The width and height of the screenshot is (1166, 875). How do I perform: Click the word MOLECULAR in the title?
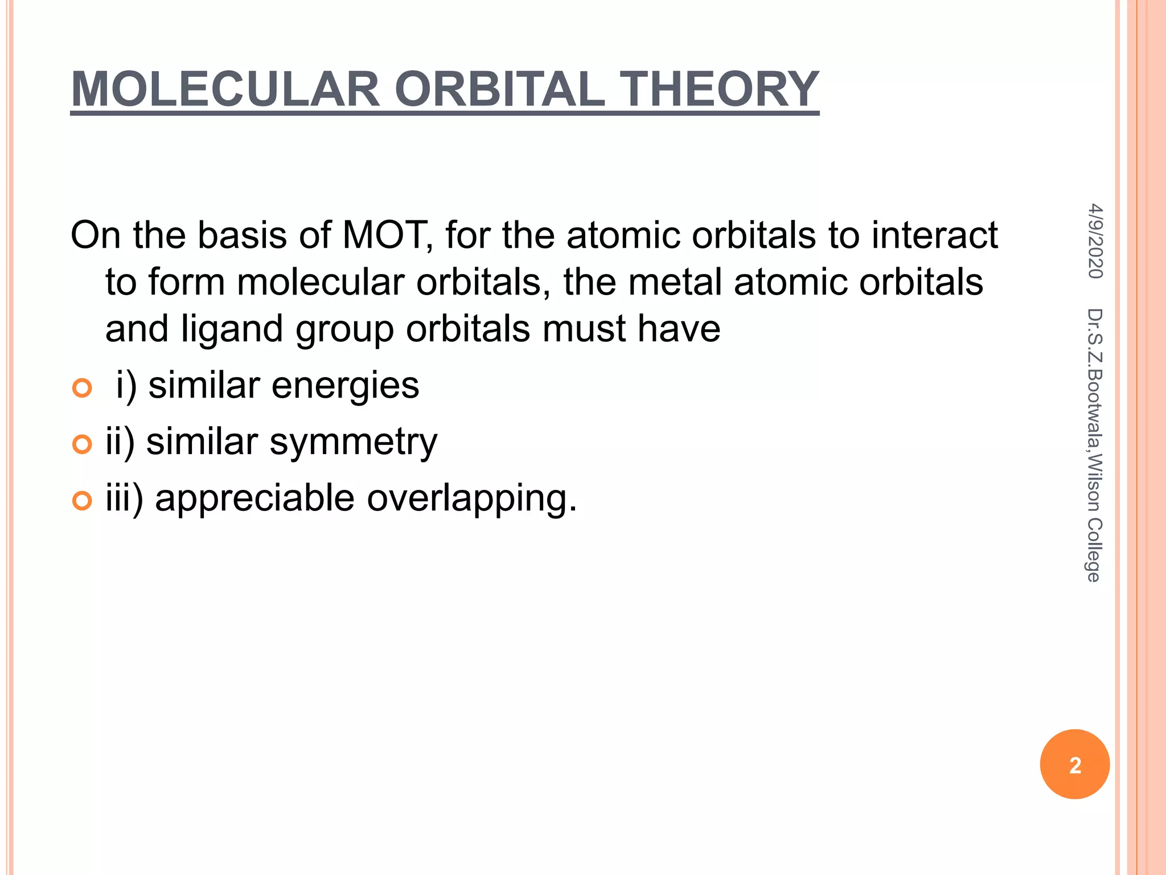pos(225,89)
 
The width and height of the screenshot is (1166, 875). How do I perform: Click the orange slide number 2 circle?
pos(1074,764)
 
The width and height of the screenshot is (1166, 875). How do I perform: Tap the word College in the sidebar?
pos(1094,550)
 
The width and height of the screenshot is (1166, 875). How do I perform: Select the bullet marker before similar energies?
pos(83,389)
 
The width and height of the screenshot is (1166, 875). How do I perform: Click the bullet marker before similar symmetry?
pos(83,444)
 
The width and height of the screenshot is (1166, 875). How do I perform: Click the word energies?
pos(345,386)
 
